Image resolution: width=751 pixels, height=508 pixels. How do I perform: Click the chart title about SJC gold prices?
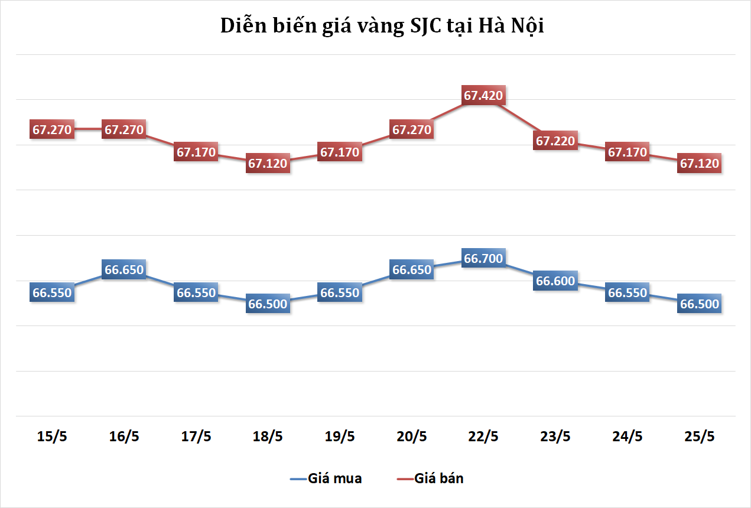382,26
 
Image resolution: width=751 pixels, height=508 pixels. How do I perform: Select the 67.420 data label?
484,95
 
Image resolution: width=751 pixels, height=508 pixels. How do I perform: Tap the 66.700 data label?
484,258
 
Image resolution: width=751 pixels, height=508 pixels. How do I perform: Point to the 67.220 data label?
556,141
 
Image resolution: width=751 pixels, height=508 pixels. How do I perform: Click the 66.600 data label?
555,281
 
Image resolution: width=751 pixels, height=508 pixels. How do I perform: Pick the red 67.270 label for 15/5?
52,129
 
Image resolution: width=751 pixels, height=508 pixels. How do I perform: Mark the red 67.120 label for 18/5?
268,164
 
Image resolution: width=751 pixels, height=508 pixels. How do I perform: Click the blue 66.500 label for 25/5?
700,304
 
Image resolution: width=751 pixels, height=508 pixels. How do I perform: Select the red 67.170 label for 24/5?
628,152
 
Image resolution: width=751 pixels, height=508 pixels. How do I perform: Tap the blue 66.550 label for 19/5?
340,292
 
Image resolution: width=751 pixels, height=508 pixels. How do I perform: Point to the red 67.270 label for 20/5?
412,129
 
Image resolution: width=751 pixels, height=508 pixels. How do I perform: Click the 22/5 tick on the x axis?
484,437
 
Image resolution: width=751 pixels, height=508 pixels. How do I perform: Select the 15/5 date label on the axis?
52,437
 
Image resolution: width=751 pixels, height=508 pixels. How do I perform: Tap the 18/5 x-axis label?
268,437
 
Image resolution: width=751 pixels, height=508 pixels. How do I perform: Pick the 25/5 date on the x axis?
700,437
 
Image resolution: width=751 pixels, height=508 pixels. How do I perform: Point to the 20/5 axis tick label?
412,437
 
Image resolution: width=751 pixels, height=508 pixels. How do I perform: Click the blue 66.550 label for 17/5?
196,292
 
